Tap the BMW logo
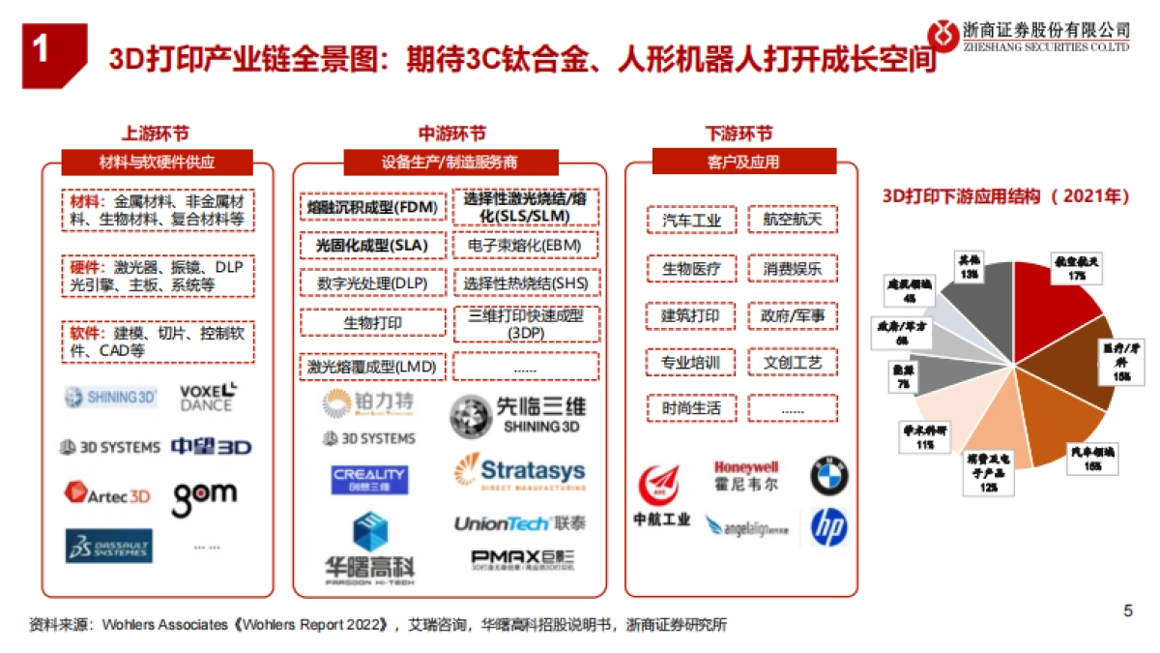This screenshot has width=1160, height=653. pos(828,476)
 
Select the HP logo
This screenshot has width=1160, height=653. pos(828,526)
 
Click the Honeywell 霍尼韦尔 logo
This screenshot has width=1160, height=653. pos(745,475)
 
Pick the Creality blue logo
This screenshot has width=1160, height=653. pos(369,479)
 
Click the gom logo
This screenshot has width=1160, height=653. pos(204,494)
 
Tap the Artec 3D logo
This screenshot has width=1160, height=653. pos(107,494)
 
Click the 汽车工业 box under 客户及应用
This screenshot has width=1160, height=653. pos(691,221)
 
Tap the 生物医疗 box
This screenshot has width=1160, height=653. pos(691,268)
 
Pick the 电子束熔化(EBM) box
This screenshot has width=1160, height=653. pos(525,246)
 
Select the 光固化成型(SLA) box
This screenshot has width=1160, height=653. pos(372,246)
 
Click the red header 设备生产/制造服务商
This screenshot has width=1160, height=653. pos(449,162)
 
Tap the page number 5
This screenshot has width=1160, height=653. pos(1127,610)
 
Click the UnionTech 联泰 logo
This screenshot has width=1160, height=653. pos(518,523)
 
